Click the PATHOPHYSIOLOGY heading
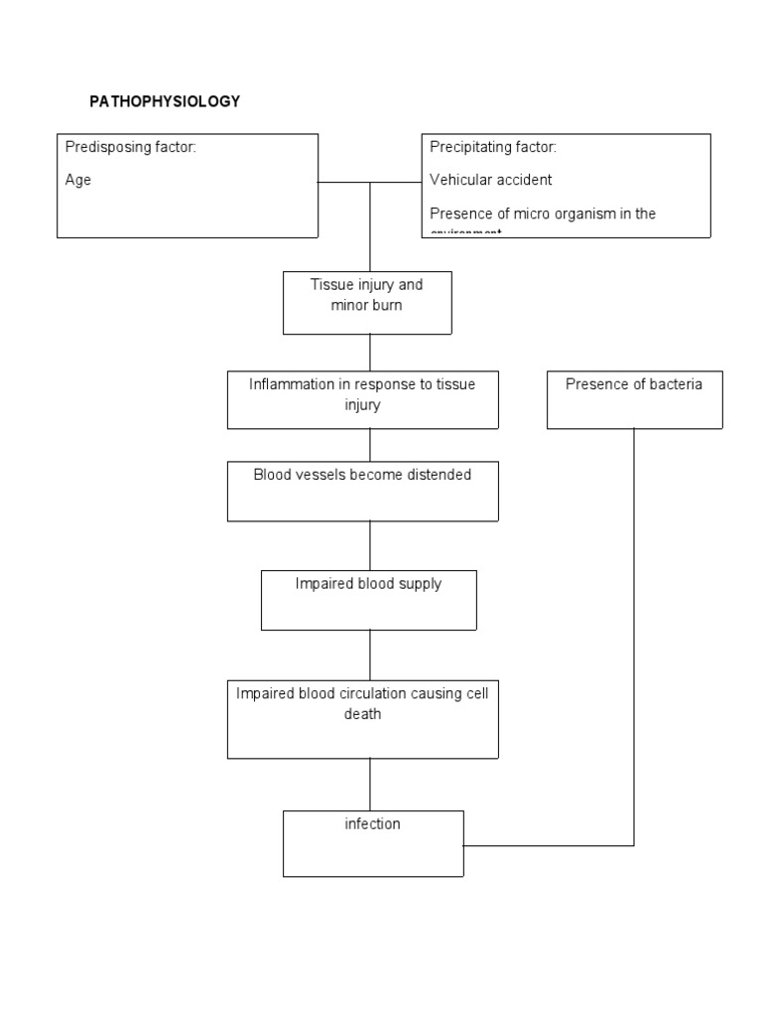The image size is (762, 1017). (165, 102)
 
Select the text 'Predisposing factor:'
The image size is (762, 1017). (131, 148)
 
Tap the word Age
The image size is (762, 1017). (78, 181)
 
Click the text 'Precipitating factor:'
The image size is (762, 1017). (493, 148)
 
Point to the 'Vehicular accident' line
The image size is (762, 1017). (491, 181)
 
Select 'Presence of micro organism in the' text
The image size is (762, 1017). (543, 214)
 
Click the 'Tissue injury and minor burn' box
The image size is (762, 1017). (367, 302)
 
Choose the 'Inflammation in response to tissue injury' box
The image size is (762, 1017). (362, 399)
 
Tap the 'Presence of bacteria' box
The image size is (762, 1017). (634, 399)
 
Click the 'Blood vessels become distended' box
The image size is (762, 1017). (362, 491)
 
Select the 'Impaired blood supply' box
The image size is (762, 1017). (368, 600)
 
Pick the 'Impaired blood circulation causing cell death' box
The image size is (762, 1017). (362, 719)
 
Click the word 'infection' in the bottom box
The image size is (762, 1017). (373, 824)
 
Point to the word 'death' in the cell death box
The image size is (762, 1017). (362, 713)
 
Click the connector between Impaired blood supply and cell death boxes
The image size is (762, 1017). (370, 654)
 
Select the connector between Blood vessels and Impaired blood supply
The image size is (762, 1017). (370, 545)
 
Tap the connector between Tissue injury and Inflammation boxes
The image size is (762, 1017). (370, 353)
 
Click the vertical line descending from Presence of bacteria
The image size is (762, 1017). (634, 636)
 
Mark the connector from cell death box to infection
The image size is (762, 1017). (370, 785)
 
